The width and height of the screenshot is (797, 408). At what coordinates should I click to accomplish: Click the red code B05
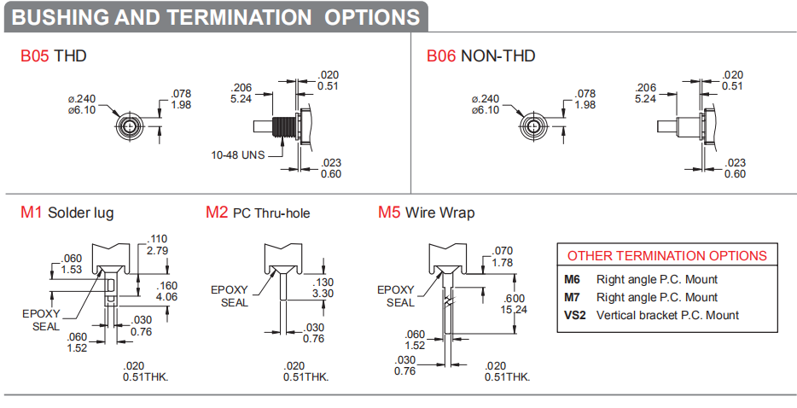coord(35,55)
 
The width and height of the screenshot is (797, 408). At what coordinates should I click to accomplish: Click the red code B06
coord(441,55)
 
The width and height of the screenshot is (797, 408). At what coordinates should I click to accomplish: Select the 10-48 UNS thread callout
coord(238,154)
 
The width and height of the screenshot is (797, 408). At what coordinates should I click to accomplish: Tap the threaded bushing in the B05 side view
coord(283,126)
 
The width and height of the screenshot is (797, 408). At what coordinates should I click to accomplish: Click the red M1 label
coord(31,212)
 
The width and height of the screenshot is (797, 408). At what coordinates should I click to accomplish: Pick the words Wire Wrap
coord(439,213)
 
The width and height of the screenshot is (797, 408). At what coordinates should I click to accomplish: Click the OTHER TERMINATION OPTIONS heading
coord(667,255)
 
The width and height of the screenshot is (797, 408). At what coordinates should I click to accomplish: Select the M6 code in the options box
coord(572,279)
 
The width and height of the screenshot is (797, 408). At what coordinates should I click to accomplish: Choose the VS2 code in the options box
coord(575,315)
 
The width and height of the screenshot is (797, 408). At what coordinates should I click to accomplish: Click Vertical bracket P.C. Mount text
coord(667,315)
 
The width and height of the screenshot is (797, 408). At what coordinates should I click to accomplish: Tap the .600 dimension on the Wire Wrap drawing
coord(514,299)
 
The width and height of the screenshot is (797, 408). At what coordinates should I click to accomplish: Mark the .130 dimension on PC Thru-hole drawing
coord(323,283)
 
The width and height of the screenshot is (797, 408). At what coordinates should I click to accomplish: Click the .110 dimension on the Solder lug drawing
coord(157,239)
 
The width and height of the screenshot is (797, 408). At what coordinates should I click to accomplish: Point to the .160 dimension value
coord(166,286)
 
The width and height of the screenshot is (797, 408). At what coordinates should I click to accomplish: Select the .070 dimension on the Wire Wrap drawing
coord(503,251)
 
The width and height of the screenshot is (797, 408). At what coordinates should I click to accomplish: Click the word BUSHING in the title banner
coord(60,17)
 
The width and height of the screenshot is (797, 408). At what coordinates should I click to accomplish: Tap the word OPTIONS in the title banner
coord(372,17)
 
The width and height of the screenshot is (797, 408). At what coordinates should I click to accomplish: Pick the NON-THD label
coord(497,55)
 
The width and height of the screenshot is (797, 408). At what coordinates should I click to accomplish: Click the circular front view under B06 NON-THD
coord(533,125)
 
